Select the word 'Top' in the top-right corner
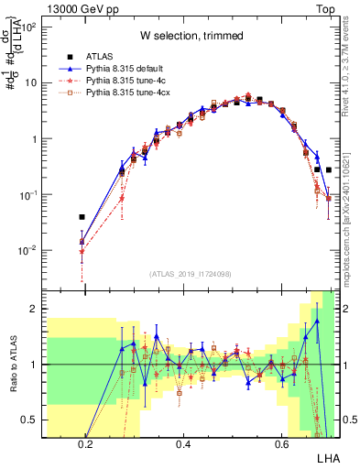[x=324, y=6]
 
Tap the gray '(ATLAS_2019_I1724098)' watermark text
[x=196, y=274]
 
